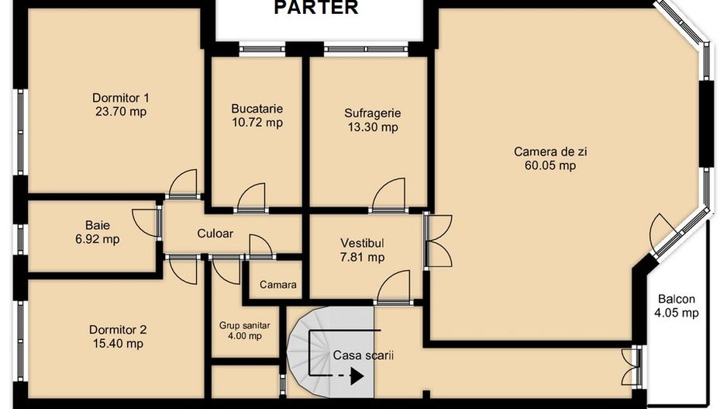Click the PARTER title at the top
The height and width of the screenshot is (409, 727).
(316, 8)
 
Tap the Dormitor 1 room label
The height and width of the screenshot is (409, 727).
(121, 98)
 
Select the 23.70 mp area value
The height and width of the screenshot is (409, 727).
(121, 112)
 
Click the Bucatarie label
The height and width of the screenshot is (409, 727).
(257, 109)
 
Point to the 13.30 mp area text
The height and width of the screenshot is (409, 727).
(373, 127)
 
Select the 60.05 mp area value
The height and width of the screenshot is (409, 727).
(550, 165)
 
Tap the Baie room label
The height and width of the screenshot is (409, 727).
(98, 225)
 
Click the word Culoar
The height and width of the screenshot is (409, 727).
(215, 234)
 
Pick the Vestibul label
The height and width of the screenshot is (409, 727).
(362, 243)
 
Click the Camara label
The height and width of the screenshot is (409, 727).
(277, 285)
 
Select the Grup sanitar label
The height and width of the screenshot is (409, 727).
(244, 326)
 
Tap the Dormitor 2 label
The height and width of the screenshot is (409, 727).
(118, 330)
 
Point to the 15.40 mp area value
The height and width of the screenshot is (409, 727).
(118, 344)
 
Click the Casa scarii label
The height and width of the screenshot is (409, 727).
(363, 355)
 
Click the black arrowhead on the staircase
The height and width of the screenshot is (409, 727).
(357, 376)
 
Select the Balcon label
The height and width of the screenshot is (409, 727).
(677, 299)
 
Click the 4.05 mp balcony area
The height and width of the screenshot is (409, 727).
(677, 313)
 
